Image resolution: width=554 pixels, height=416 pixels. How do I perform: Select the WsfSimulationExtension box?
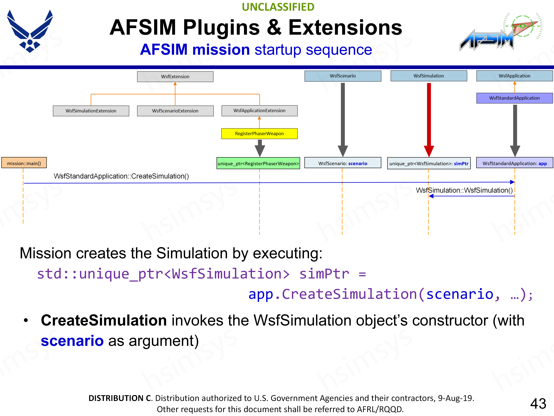(x=91, y=111)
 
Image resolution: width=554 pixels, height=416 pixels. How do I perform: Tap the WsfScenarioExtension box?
(x=175, y=111)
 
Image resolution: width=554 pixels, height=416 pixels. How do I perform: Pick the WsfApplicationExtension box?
(x=259, y=111)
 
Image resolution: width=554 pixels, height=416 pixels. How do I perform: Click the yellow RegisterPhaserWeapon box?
(x=259, y=134)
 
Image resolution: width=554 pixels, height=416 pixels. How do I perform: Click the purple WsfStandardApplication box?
(x=514, y=98)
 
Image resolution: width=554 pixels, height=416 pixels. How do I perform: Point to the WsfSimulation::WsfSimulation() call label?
(x=464, y=190)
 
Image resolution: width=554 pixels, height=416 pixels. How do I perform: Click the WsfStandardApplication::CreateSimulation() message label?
(x=121, y=176)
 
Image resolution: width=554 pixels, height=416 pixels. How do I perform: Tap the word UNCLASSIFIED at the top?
(x=278, y=7)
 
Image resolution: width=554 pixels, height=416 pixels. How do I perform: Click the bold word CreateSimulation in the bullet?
(x=104, y=321)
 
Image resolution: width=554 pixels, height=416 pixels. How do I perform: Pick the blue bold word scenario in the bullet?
(x=72, y=341)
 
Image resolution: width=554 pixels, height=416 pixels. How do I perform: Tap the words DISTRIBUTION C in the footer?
(x=120, y=398)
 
